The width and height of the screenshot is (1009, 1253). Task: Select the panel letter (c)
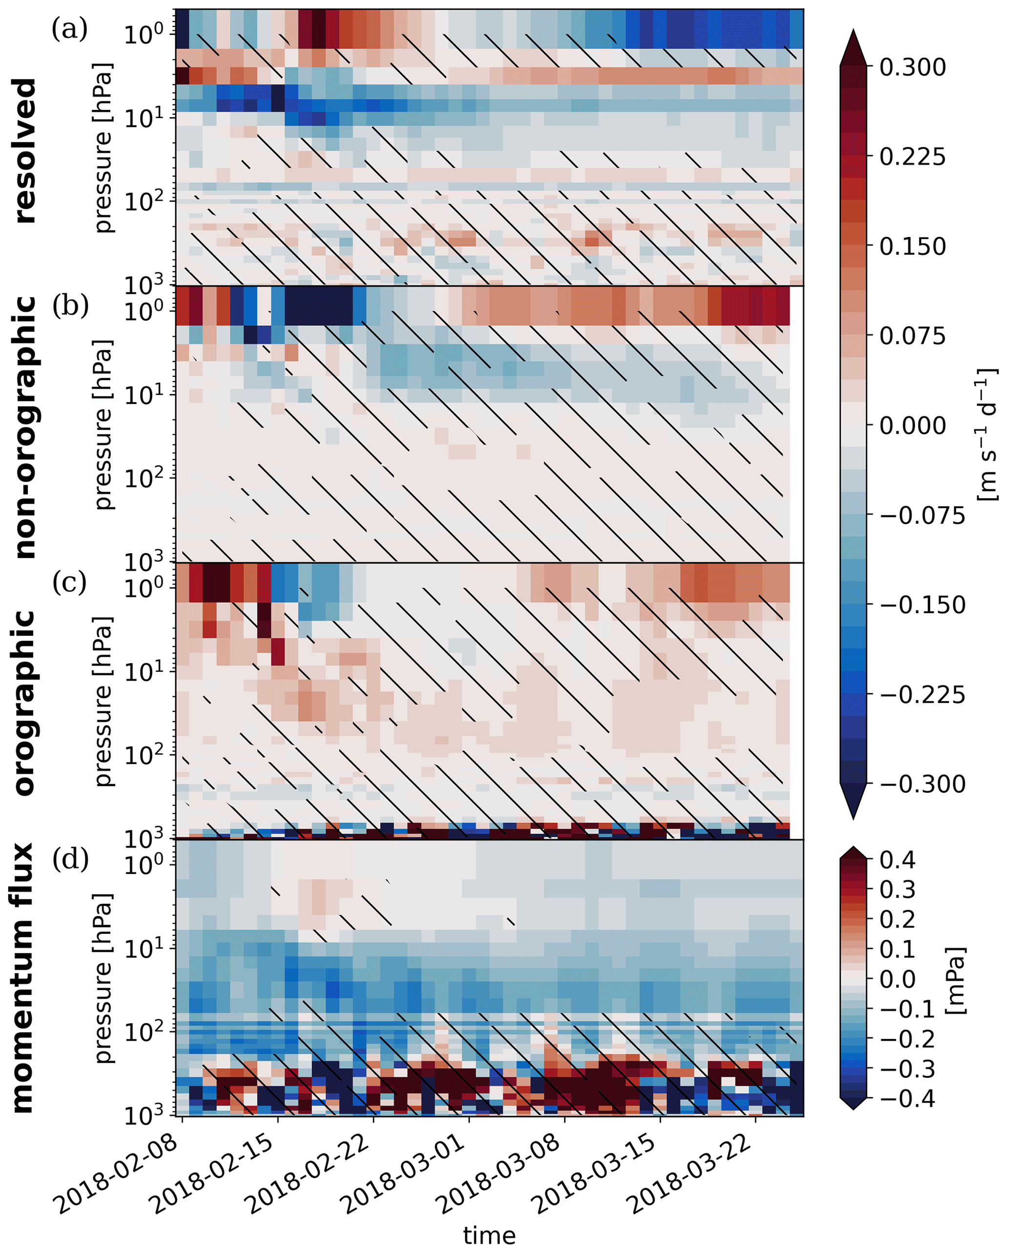tap(69, 582)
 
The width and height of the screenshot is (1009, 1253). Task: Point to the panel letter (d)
tap(70, 859)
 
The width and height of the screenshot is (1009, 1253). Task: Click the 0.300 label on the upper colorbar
tap(912, 67)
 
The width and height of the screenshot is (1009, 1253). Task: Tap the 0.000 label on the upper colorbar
tap(912, 426)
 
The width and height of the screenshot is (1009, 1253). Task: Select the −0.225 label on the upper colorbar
tap(922, 695)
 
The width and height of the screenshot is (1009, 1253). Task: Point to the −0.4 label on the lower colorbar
tap(907, 1099)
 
